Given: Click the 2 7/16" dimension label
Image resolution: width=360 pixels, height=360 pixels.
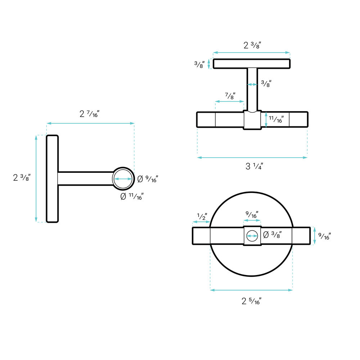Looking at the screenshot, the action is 89,114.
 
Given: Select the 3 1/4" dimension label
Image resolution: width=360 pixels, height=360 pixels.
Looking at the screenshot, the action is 254,166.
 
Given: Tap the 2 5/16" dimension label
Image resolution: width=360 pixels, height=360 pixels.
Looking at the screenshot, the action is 251,301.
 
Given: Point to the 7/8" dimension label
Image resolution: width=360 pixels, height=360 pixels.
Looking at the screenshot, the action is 230,96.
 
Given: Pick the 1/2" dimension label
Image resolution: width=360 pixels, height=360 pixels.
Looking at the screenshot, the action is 202,216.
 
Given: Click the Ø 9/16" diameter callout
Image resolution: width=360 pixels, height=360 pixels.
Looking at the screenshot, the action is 148,179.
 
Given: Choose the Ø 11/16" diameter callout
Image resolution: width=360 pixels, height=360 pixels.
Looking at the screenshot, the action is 132,196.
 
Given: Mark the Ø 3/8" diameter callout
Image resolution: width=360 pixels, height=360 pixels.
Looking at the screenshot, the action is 272,235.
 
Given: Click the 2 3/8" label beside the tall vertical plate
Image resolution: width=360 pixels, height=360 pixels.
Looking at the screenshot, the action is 22,177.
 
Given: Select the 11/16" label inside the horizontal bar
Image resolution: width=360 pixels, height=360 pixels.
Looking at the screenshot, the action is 276,119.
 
